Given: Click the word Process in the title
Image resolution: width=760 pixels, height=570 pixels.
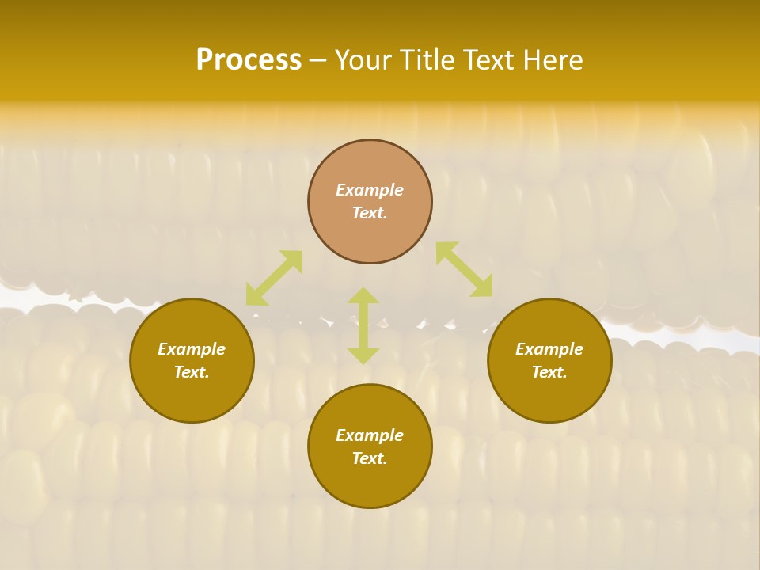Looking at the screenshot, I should tap(249, 60).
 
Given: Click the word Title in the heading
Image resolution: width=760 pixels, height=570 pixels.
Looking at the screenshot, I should tap(425, 60).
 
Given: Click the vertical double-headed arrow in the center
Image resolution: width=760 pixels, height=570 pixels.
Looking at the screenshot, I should tap(363, 325).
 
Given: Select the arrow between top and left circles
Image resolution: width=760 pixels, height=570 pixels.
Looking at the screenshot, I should tap(274, 278).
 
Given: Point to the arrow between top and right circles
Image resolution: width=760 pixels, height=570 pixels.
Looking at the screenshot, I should tap(464, 269).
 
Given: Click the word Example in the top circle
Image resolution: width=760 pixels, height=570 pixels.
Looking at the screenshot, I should tap(370, 190).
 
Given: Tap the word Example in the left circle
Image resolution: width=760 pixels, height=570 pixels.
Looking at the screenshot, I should tap(192, 349).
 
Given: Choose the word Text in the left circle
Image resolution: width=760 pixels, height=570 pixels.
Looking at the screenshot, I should tap(192, 372).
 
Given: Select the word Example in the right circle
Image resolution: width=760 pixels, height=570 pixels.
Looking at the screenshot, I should tap(549, 349).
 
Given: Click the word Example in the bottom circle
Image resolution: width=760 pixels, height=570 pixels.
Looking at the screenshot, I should tap(370, 435).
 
